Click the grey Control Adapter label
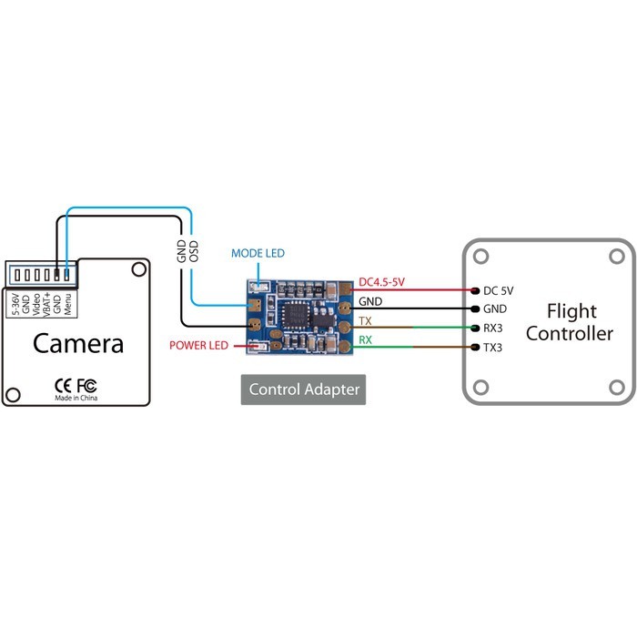(x=305, y=390)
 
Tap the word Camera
(x=78, y=343)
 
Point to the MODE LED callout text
(x=258, y=253)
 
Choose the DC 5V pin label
(x=498, y=291)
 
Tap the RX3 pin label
(x=493, y=329)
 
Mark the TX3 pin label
(x=493, y=348)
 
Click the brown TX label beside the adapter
(x=365, y=321)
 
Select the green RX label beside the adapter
(x=366, y=340)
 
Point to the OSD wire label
(x=193, y=252)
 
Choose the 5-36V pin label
(x=15, y=303)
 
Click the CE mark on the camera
(x=64, y=384)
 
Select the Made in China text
(x=76, y=399)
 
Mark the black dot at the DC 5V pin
(x=474, y=290)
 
